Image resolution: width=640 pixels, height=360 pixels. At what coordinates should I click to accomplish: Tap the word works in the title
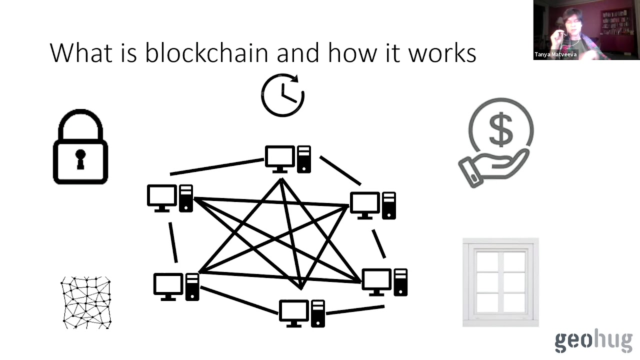click(442, 52)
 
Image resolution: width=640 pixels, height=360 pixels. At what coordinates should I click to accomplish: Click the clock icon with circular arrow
click(283, 94)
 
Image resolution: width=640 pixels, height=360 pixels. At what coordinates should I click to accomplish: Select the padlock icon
click(80, 147)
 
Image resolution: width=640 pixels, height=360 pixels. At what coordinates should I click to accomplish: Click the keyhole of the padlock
click(80, 158)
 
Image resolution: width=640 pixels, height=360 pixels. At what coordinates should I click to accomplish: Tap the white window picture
click(500, 282)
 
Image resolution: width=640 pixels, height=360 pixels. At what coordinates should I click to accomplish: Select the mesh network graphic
click(86, 302)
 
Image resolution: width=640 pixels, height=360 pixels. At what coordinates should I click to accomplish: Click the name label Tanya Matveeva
click(555, 54)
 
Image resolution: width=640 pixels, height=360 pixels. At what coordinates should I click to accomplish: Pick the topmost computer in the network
click(287, 159)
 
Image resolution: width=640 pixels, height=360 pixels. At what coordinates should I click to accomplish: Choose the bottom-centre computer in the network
click(301, 313)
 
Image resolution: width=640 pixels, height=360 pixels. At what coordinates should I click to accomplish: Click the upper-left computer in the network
click(170, 198)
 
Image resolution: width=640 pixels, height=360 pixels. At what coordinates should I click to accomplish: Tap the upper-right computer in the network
click(373, 205)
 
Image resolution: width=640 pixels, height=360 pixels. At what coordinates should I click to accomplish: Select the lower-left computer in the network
click(176, 286)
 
